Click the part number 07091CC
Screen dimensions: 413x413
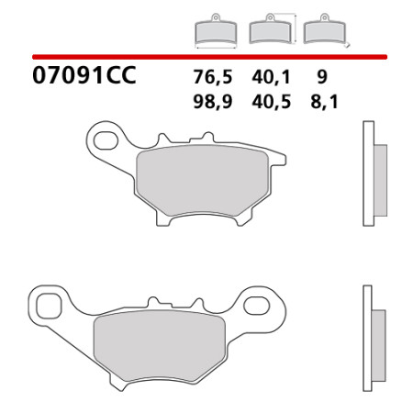(x=84, y=75)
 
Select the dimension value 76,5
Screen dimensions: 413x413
(x=213, y=77)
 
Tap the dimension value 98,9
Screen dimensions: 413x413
(x=213, y=102)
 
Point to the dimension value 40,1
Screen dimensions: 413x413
(x=271, y=77)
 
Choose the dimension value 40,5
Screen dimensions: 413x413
(x=271, y=102)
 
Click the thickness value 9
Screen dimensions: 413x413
(x=322, y=77)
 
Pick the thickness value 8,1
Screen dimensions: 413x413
(x=324, y=102)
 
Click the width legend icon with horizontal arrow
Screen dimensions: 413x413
(x=216, y=31)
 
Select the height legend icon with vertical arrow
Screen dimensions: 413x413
(x=273, y=28)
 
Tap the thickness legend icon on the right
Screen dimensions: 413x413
(x=326, y=29)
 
